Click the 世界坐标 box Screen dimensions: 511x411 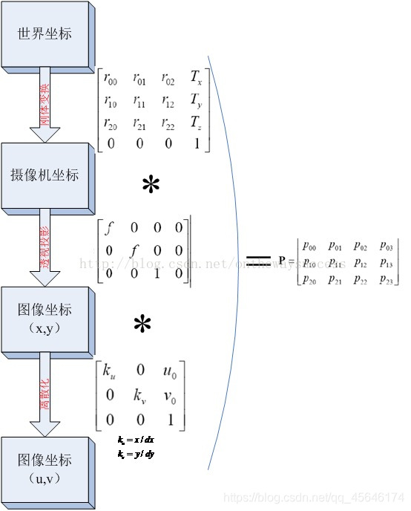click(46, 35)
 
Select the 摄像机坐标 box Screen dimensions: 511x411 click(47, 176)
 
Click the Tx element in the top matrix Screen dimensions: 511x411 click(196, 78)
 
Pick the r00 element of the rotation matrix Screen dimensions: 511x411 click(111, 78)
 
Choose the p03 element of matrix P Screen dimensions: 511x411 click(386, 244)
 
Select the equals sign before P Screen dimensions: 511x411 click(258, 259)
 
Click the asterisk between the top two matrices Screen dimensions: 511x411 click(151, 186)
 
